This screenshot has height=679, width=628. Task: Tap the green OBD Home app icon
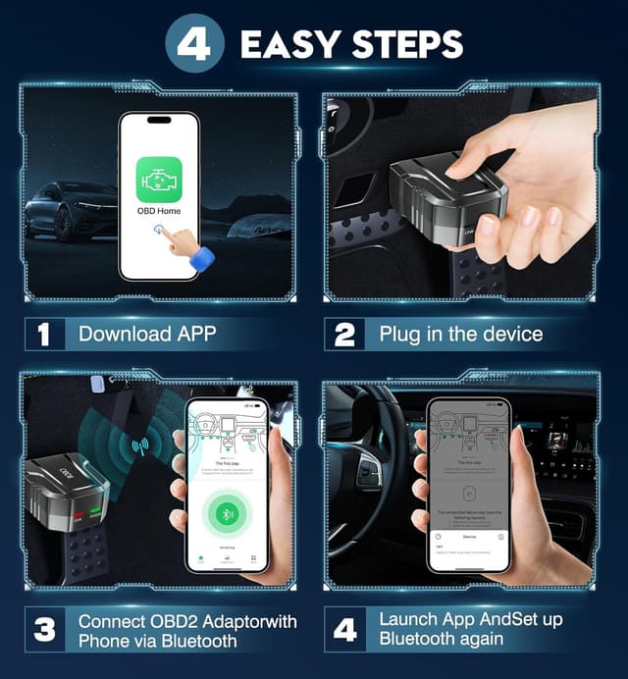(x=159, y=180)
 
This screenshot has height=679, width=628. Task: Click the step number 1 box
(x=43, y=334)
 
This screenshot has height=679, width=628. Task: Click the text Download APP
(x=147, y=334)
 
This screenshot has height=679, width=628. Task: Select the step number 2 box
(x=344, y=334)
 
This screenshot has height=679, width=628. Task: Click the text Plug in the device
(x=460, y=334)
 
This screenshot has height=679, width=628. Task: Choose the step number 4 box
(x=344, y=630)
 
